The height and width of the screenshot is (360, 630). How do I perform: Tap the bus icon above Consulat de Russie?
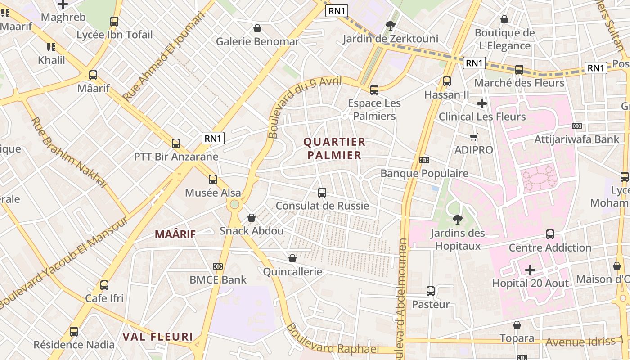point(322,193)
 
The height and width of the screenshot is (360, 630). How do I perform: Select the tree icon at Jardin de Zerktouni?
point(390,25)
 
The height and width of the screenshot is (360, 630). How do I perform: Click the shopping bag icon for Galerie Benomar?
point(257,28)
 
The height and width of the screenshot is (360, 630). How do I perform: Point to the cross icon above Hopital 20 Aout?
point(530,270)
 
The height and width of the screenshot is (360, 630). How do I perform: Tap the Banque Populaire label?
point(424,173)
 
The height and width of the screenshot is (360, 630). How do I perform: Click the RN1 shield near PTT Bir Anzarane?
point(213,138)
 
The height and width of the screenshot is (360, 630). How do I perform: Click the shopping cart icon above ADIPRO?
point(473,137)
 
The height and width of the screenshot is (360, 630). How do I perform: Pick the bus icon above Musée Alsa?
point(213,180)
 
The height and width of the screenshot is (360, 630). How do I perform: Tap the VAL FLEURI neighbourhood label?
point(158,337)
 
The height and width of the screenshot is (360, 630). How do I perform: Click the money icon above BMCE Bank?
point(218,266)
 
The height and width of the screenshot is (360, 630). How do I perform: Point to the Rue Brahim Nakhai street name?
point(70,152)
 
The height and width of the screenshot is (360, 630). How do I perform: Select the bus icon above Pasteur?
point(431,291)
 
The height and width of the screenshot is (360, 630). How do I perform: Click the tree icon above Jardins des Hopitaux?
point(458,220)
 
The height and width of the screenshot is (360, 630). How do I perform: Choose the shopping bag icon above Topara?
point(517,325)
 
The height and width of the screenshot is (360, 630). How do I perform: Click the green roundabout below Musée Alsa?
point(234,205)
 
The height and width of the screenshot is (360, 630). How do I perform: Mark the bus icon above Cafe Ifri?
point(104,285)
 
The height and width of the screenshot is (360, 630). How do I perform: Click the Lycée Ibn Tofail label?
point(114,35)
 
